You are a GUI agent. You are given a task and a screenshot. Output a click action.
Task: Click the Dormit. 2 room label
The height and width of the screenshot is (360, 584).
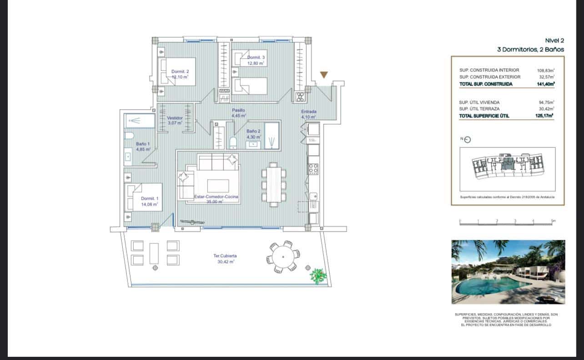pyautogui.click(x=180, y=71)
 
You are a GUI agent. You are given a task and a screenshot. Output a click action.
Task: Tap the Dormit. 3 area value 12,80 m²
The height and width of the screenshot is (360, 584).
pyautogui.click(x=256, y=63)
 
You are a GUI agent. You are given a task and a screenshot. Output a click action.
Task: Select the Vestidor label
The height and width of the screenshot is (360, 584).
pyautogui.click(x=175, y=118)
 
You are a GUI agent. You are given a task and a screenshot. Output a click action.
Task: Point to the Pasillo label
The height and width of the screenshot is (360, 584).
pyautogui.click(x=238, y=110)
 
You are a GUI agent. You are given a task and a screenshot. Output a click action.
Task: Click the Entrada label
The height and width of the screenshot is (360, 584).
pyautogui.click(x=308, y=112)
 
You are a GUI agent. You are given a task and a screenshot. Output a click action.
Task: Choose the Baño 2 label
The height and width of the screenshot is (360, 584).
pyautogui.click(x=253, y=131)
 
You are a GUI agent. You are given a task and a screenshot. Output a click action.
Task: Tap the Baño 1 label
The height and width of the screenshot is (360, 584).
pyautogui.click(x=142, y=144)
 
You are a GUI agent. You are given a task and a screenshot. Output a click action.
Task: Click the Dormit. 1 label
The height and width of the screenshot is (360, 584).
pyautogui.click(x=150, y=198)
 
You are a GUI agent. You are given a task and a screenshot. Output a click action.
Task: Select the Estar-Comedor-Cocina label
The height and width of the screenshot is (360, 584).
pyautogui.click(x=216, y=197)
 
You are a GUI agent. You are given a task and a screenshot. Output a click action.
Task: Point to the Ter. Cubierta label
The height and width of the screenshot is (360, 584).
pyautogui.click(x=225, y=256)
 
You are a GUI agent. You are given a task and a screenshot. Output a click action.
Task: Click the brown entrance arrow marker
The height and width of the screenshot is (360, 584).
pyautogui.click(x=324, y=75)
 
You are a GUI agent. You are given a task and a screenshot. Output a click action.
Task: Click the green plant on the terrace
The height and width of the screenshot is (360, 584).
pyautogui.click(x=318, y=275)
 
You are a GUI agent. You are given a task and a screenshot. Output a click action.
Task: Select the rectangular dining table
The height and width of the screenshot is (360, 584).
pyautogui.click(x=274, y=184)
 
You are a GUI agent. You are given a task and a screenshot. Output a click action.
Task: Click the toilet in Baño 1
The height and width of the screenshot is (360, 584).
pyautogui.click(x=129, y=135)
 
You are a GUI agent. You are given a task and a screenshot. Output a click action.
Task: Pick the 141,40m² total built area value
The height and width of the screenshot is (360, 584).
pyautogui.click(x=544, y=84)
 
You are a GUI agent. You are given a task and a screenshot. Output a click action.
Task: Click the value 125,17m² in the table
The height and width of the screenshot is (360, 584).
pyautogui.click(x=544, y=116)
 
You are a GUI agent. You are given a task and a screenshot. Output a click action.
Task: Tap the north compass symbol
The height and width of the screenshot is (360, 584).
pyautogui.click(x=467, y=140)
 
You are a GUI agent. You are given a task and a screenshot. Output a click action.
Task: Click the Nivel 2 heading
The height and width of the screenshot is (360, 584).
pyautogui.click(x=554, y=41)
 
